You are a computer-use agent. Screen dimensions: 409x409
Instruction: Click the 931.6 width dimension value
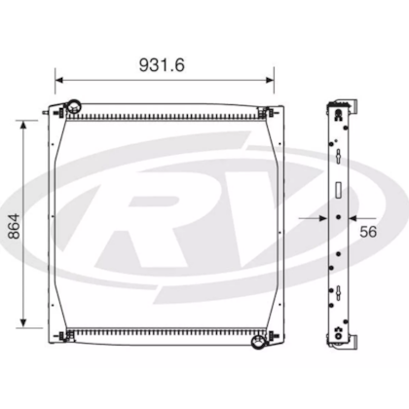tap(162, 65)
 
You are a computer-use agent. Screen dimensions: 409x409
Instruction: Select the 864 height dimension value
tap(14, 226)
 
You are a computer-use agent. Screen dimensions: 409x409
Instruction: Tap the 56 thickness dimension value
tap(368, 232)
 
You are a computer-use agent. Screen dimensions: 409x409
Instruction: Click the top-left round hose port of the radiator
tap(74, 106)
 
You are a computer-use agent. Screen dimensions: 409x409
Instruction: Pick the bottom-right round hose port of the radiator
tap(258, 342)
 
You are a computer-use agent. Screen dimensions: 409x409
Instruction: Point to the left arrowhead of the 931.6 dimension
tap(58, 80)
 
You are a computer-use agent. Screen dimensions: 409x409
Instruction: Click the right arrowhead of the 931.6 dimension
tap(270, 80)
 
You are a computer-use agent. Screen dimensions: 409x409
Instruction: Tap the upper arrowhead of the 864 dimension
tap(23, 125)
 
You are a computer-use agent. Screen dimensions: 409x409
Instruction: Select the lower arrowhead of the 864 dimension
tap(23, 323)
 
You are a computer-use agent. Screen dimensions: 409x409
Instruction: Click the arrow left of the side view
tap(313, 218)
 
